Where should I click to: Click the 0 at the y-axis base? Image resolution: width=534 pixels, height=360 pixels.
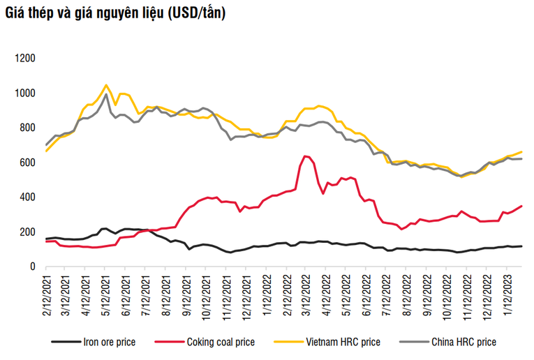click(x=32, y=266)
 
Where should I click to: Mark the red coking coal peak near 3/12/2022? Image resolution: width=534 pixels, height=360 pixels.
click(x=305, y=156)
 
